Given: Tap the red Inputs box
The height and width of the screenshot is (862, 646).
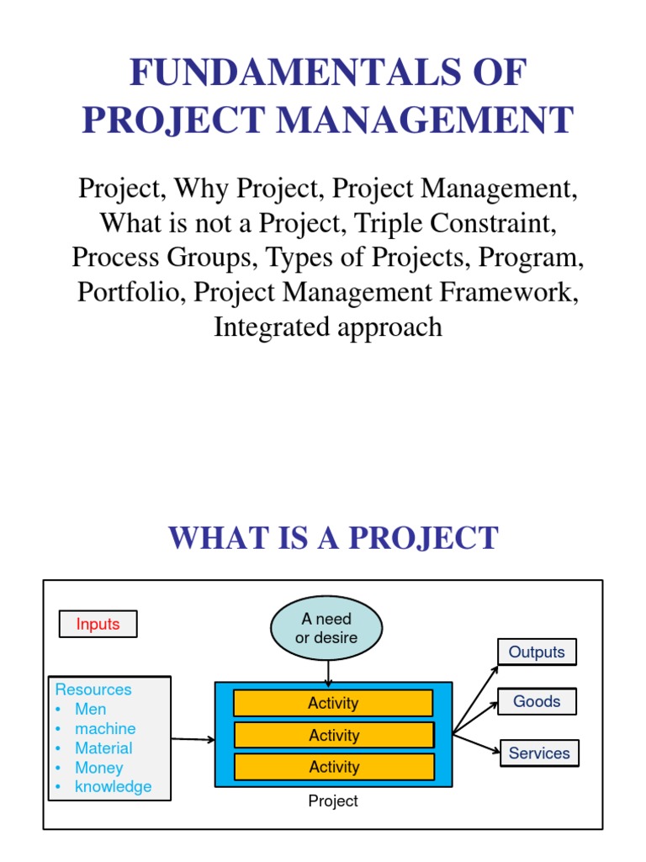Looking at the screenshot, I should [x=98, y=624].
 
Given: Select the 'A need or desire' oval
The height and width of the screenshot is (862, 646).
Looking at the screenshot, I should [x=326, y=629].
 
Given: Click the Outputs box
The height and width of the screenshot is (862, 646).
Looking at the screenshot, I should [x=537, y=652].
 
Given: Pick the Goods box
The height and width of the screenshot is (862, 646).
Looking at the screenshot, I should [x=537, y=701].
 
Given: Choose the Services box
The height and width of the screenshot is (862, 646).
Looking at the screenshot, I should [x=539, y=753].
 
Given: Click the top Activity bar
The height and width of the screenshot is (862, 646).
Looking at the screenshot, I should [x=333, y=703].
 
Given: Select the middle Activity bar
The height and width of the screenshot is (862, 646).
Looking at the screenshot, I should [x=333, y=735].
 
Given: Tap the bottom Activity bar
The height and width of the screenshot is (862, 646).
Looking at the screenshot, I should [x=333, y=767].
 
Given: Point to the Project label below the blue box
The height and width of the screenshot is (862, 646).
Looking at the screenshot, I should [x=333, y=801].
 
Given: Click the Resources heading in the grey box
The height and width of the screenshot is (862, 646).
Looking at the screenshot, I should [x=93, y=689].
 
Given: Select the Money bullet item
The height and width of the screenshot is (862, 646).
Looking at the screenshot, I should [x=99, y=768].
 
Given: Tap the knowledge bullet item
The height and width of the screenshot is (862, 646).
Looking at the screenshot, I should [x=114, y=787].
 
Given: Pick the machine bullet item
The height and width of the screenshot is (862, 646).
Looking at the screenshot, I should [x=105, y=728].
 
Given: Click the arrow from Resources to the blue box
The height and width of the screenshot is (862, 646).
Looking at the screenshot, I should [x=193, y=740].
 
